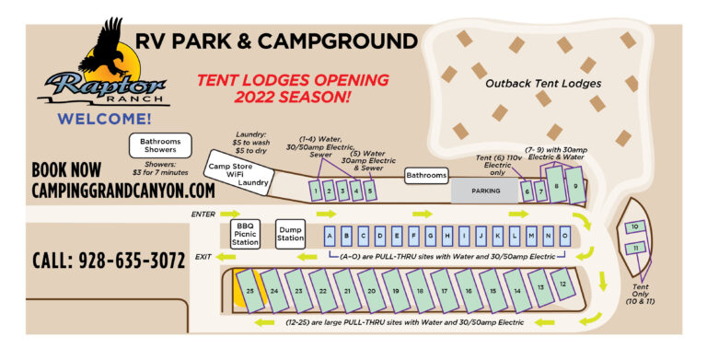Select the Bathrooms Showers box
pyautogui.click(x=161, y=146)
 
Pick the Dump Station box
pyautogui.click(x=290, y=234)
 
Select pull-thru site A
pyautogui.click(x=329, y=234)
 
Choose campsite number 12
pyautogui.click(x=562, y=285)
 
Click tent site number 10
pyautogui.click(x=635, y=226)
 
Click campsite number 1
pyautogui.click(x=315, y=191)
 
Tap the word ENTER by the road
pyautogui.click(x=203, y=214)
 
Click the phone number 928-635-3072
pyautogui.click(x=107, y=261)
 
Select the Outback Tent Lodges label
pyautogui.click(x=543, y=84)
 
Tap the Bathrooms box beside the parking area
pyautogui.click(x=426, y=175)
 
